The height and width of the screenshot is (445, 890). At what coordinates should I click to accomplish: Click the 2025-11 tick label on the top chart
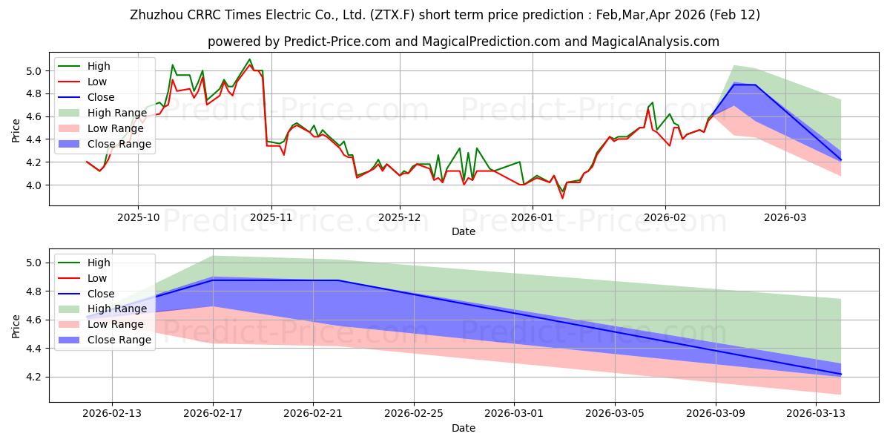[x=271, y=217]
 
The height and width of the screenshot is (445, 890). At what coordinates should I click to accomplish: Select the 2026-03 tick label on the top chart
[x=785, y=217]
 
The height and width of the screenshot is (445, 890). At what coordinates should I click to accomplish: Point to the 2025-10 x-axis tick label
[x=138, y=217]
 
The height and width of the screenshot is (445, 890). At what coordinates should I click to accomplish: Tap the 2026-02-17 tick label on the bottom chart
[x=213, y=414]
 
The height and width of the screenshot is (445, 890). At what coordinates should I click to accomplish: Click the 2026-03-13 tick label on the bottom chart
[x=816, y=414]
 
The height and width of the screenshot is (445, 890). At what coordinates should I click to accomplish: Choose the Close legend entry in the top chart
[x=101, y=97]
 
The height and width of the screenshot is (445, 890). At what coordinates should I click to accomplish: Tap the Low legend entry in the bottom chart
[x=97, y=278]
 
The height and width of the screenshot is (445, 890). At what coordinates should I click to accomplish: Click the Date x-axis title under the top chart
[x=464, y=231]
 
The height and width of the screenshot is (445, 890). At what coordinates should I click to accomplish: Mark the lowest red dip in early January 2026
[x=562, y=198]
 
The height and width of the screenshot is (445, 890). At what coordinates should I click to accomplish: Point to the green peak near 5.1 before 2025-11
[x=249, y=59]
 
